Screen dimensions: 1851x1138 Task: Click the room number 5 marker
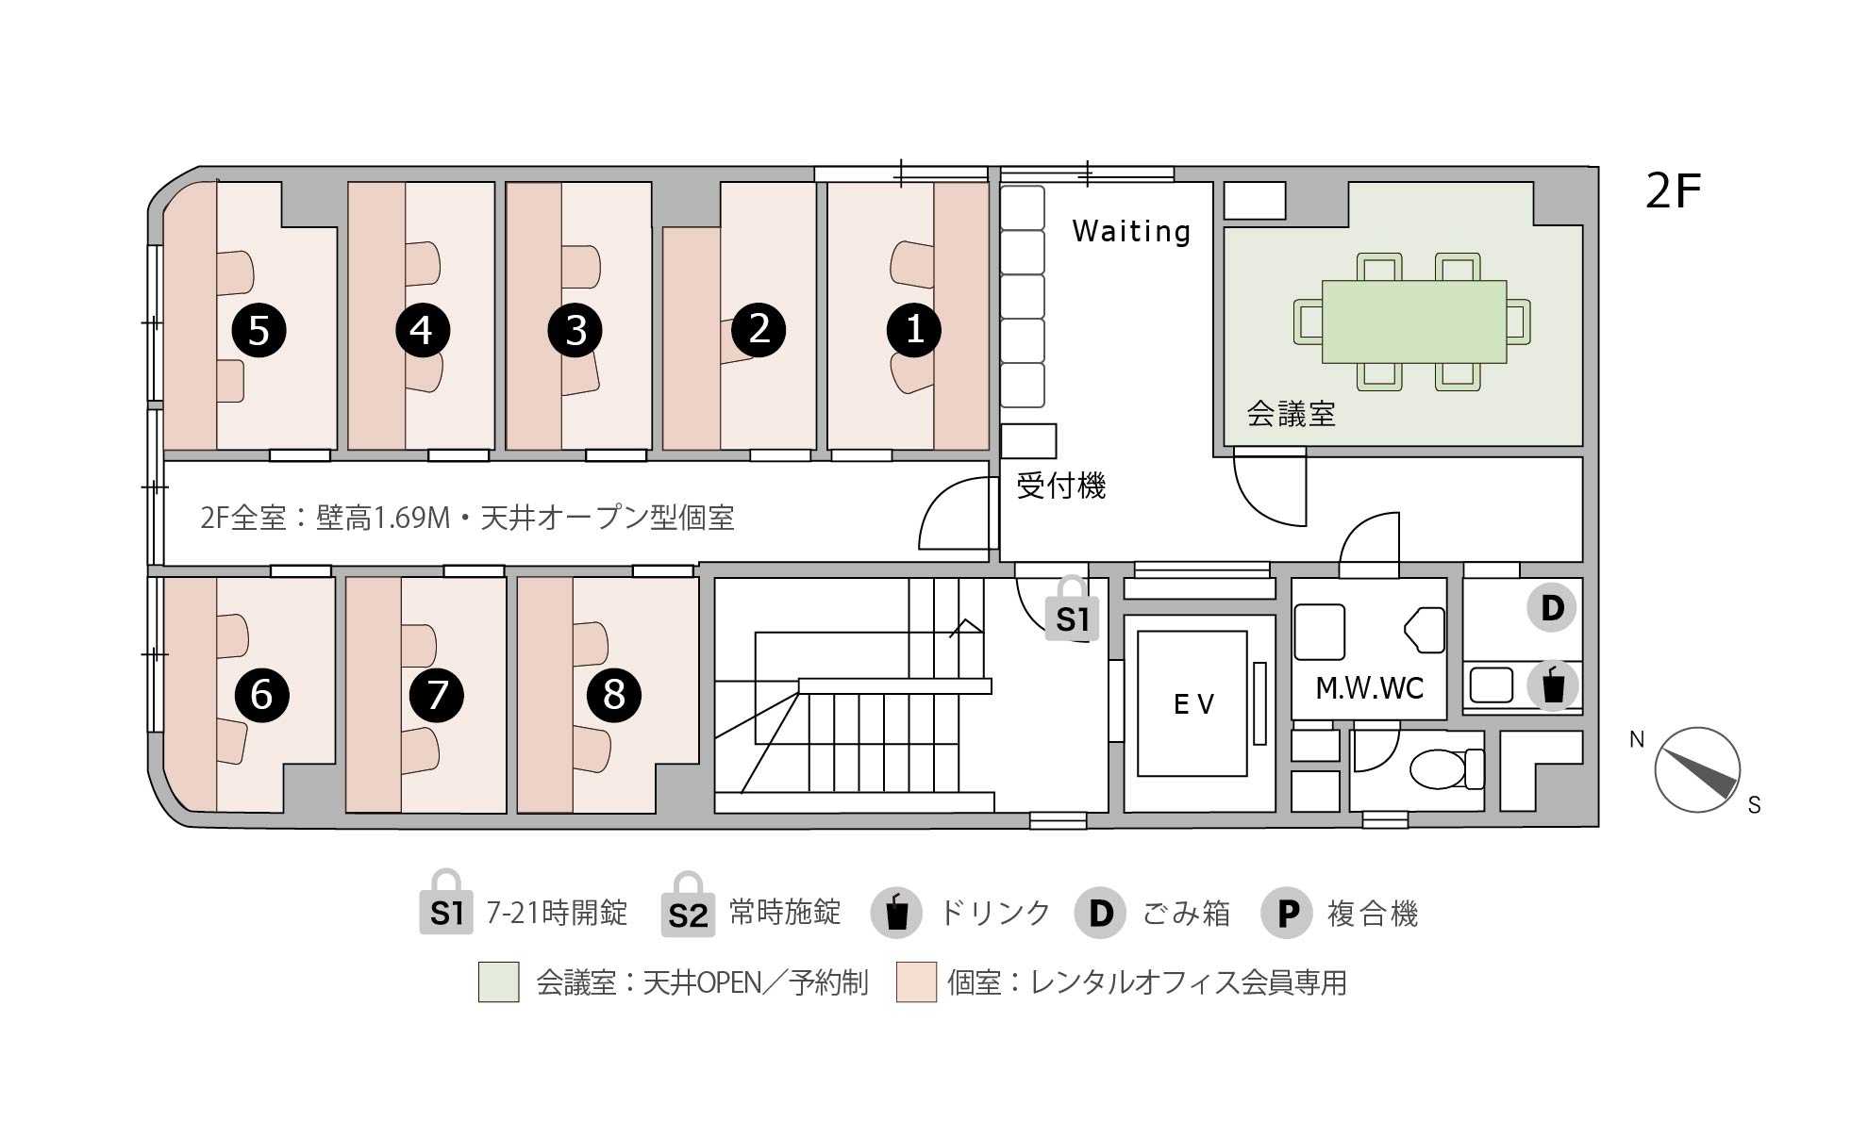pyautogui.click(x=259, y=330)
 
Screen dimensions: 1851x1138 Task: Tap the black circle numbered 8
pyautogui.click(x=614, y=695)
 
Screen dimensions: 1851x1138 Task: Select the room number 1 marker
pyautogui.click(x=914, y=330)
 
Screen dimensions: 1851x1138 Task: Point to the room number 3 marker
pyautogui.click(x=575, y=330)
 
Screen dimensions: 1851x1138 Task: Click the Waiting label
pyautogui.click(x=1131, y=231)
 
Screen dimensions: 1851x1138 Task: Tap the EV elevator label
pyautogui.click(x=1193, y=704)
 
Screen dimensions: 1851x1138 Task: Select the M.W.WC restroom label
pyautogui.click(x=1369, y=688)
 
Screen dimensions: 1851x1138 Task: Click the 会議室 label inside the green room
pyautogui.click(x=1291, y=413)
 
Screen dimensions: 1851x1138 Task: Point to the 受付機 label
pyautogui.click(x=1060, y=486)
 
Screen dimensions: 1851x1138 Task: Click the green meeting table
pyautogui.click(x=1413, y=322)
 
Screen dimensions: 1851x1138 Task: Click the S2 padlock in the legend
pyautogui.click(x=688, y=903)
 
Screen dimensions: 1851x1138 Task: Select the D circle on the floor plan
pyautogui.click(x=1552, y=608)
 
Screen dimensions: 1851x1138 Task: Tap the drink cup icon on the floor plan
pyautogui.click(x=1552, y=684)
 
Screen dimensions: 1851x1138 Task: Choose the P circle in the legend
pyautogui.click(x=1287, y=913)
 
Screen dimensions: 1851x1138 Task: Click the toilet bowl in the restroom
pyautogui.click(x=1445, y=769)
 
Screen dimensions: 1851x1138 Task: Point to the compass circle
pyautogui.click(x=1697, y=769)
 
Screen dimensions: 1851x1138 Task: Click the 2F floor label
pyautogui.click(x=1673, y=191)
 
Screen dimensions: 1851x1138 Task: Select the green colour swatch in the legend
pyautogui.click(x=498, y=981)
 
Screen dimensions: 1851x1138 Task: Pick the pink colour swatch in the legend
pyautogui.click(x=916, y=981)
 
